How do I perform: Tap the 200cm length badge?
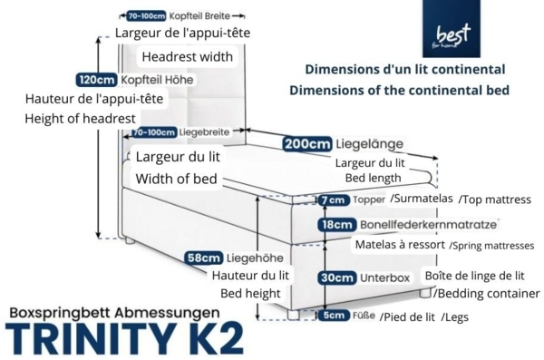(x=306, y=144)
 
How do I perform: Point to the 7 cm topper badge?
(x=333, y=199)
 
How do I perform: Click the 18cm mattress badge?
(x=335, y=224)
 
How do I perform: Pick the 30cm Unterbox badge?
(x=335, y=277)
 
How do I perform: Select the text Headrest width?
(x=188, y=56)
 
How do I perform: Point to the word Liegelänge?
(x=371, y=144)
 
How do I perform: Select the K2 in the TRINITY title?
(x=213, y=338)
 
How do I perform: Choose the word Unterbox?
(x=386, y=277)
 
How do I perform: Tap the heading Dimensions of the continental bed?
(x=399, y=90)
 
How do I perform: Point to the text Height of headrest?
(x=80, y=119)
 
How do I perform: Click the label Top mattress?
(x=497, y=199)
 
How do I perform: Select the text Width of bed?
(x=176, y=179)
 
